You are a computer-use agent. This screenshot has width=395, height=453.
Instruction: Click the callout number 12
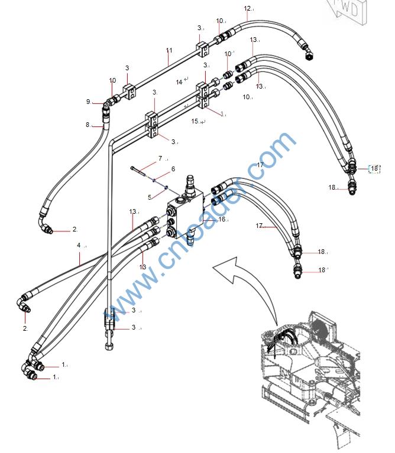tap(247, 8)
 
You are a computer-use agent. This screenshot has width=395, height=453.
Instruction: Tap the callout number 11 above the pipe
tap(169, 51)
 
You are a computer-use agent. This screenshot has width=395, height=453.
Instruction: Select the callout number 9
tap(88, 102)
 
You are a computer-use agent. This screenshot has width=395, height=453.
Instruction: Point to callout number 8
tap(88, 125)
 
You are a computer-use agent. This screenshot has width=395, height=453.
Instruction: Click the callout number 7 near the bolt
tap(160, 159)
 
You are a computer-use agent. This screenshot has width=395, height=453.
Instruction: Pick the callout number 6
tap(173, 169)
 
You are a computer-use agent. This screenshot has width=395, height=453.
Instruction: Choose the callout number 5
tap(150, 197)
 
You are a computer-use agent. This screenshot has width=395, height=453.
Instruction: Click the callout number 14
tap(179, 82)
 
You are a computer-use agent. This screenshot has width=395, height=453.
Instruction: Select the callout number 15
tap(196, 121)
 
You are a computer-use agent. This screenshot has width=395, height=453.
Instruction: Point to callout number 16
tap(222, 219)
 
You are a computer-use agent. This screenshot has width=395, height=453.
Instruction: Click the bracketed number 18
tap(374, 169)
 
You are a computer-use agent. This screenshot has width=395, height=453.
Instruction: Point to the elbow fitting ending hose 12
tap(309, 53)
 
